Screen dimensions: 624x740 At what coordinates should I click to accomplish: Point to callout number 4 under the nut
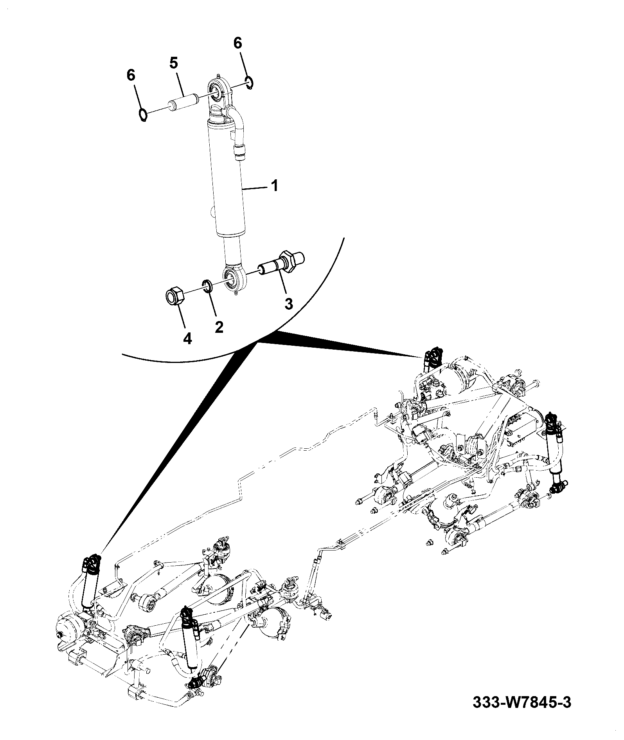point(188,338)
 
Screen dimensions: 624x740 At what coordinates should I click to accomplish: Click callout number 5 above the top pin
point(174,63)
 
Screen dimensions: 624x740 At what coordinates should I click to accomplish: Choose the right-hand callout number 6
point(238,43)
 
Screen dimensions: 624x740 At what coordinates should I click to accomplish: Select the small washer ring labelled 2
point(208,286)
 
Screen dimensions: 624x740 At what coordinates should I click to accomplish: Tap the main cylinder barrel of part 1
point(224,180)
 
